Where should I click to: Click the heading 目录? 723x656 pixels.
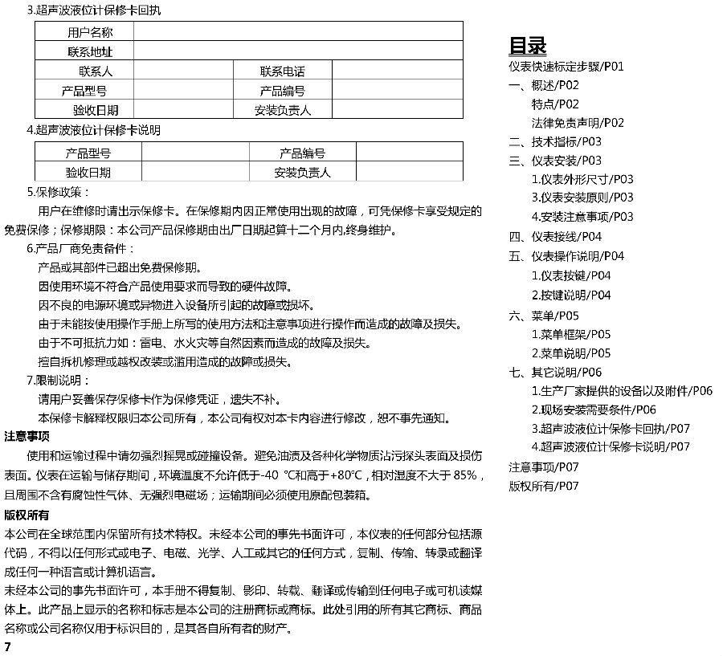528,45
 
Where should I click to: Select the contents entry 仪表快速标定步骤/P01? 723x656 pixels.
566,66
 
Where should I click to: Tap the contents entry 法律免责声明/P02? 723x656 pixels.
577,123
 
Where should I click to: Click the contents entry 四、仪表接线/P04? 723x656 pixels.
555,236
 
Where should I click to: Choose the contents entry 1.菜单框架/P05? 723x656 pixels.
570,334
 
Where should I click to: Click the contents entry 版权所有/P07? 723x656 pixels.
543,486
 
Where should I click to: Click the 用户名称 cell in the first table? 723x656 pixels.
89,33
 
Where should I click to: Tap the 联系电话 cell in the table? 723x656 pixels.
282,71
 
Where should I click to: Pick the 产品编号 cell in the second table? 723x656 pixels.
302,153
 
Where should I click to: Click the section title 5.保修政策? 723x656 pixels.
59,192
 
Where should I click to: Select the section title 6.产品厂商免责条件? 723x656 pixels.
81,249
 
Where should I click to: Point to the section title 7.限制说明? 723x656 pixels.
59,381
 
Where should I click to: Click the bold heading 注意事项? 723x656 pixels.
27,436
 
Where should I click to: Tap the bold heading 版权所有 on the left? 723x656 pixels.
27,515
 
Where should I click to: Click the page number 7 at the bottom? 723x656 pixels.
7,646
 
